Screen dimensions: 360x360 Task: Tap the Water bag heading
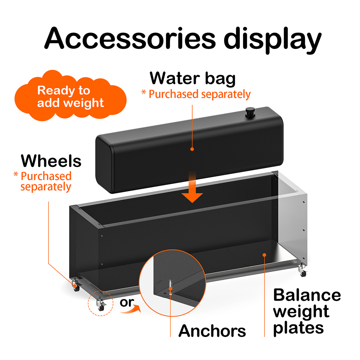tap(193, 78)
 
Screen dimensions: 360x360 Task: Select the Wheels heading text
tap(51, 161)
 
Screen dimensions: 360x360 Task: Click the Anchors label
tap(212, 330)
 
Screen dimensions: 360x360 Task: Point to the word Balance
tap(307, 295)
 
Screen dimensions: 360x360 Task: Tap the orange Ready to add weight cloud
tap(71, 96)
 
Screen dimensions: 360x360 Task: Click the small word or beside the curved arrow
tap(126, 302)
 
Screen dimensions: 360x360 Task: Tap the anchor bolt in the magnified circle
tap(170, 286)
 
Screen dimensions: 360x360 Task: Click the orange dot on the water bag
tap(192, 149)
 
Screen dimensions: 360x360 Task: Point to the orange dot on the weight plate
tap(264, 255)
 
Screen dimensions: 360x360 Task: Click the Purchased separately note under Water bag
tap(196, 94)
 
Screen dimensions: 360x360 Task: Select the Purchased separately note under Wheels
tap(43, 181)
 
